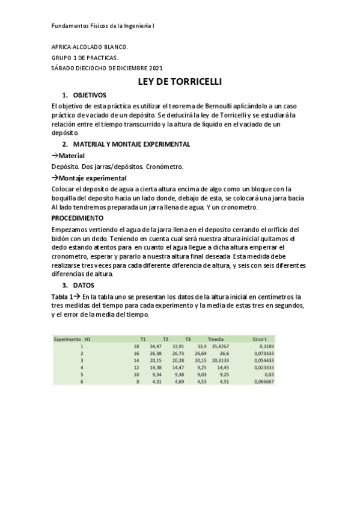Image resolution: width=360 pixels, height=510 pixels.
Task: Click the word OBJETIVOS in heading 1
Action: [90, 95]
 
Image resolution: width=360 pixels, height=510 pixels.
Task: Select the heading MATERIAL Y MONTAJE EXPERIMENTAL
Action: [123, 144]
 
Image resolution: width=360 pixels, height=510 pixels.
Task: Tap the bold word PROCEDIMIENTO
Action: [78, 218]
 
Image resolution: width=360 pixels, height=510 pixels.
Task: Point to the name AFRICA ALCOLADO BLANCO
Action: [90, 46]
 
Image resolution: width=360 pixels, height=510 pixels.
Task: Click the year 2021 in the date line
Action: [154, 68]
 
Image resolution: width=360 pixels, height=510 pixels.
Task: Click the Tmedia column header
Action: [215, 339]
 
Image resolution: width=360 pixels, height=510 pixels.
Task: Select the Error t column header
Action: [260, 339]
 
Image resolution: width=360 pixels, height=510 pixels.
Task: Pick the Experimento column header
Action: [67, 339]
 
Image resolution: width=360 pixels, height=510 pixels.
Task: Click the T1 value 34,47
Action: [156, 346]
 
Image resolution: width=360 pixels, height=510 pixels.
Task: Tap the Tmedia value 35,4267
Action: [218, 346]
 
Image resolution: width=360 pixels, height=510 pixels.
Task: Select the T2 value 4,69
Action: [178, 381]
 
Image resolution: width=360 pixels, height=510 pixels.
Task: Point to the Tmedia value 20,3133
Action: [218, 360]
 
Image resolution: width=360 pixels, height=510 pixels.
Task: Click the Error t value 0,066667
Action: [263, 381]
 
